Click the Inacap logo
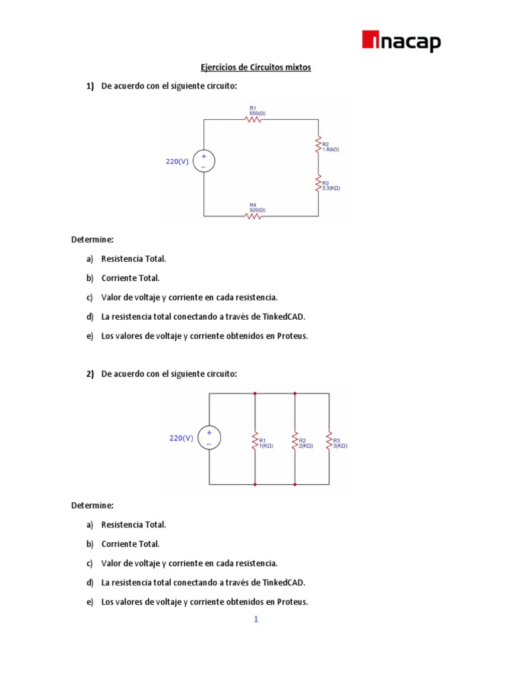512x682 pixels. (x=401, y=42)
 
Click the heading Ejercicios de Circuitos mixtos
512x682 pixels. (x=256, y=67)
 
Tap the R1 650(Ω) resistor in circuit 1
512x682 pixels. (x=254, y=119)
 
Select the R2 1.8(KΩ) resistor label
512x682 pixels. (x=330, y=147)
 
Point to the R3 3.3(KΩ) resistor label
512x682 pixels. (x=331, y=186)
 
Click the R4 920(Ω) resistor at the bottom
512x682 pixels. (x=253, y=216)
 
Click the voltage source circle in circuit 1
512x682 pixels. (x=203, y=161)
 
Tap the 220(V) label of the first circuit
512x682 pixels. (x=177, y=161)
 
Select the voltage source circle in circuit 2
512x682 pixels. (x=209, y=438)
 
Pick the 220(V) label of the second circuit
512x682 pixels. (x=181, y=438)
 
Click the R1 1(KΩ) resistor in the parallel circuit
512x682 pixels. (x=255, y=440)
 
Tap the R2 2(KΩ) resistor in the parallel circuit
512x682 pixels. (x=295, y=440)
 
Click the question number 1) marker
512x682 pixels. (x=90, y=87)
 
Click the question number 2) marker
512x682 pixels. (x=90, y=374)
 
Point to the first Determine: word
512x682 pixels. (x=93, y=238)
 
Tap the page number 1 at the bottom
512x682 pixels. (x=255, y=619)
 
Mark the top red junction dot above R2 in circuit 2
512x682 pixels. (x=295, y=394)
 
